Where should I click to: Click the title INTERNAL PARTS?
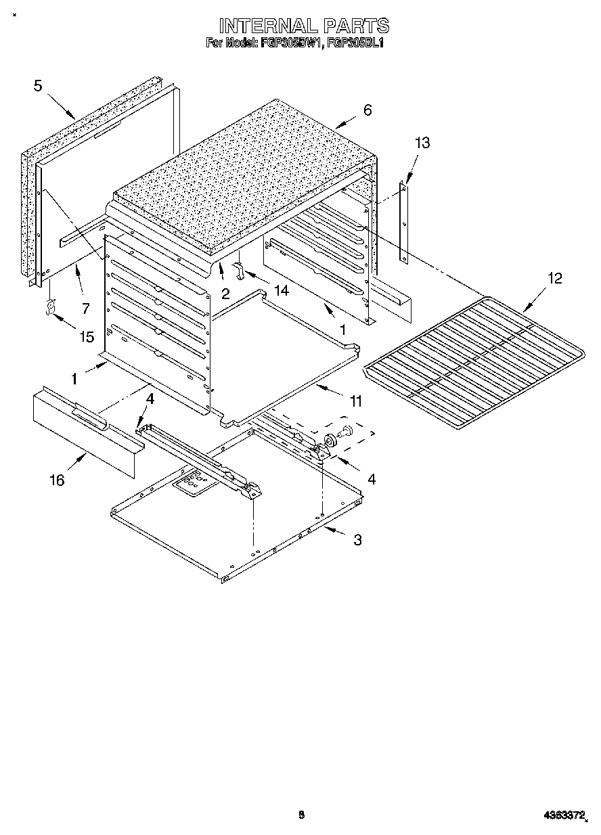[303, 26]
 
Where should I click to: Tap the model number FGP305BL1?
[355, 43]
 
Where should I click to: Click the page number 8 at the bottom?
[302, 815]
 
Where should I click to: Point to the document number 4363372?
[564, 816]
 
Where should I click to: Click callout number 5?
[38, 85]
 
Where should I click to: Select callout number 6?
[367, 110]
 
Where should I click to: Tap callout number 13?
[422, 143]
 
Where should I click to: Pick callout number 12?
[554, 278]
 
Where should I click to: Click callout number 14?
[280, 290]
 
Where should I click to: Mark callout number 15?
[87, 336]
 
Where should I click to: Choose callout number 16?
[57, 480]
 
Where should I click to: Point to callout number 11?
[355, 402]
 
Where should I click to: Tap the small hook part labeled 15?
[49, 309]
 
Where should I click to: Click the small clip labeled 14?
[239, 270]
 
